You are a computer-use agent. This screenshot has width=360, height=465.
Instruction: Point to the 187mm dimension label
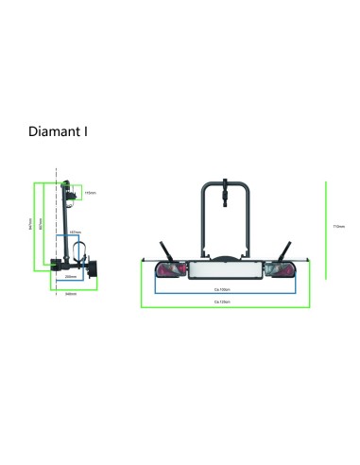(75, 231)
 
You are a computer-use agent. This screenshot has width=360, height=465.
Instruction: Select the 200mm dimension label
(72, 276)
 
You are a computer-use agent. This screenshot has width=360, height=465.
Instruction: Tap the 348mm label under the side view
(71, 294)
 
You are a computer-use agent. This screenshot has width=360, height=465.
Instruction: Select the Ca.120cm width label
(223, 302)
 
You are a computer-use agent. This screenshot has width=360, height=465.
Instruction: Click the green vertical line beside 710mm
(327, 227)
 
